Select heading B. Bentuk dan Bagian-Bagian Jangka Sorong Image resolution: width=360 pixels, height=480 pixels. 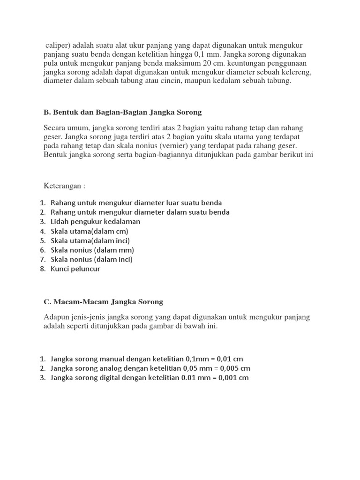[x=123, y=112]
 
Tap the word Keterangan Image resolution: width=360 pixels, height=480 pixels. [x=64, y=185]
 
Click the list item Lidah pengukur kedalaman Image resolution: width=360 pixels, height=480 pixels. [x=96, y=222]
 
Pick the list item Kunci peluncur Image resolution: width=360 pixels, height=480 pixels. [x=75, y=269]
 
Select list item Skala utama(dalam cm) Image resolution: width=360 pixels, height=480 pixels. [x=90, y=231]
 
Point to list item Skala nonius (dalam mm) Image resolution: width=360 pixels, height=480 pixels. [x=92, y=250]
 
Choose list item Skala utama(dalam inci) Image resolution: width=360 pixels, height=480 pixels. [x=90, y=240]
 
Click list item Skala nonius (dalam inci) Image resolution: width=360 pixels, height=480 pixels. [x=92, y=259]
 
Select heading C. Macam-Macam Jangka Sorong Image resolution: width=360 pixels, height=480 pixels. [x=104, y=301]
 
